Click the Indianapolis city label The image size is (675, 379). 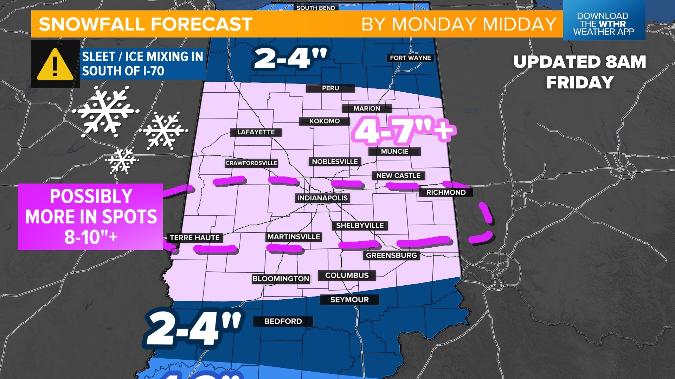322,198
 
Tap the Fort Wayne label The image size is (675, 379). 410,58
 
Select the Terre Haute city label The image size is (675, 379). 194,238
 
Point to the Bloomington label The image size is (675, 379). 281,279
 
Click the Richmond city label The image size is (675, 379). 446,192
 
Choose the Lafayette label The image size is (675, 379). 256,132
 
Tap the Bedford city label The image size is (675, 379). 283,321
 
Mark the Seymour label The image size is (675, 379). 349,300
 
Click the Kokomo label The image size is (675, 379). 324,121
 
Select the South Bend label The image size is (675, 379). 316,7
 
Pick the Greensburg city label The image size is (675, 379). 391,255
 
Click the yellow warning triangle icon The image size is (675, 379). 55,65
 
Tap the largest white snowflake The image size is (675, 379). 105,112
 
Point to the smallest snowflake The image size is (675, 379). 122,160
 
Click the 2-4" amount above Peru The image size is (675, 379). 290,58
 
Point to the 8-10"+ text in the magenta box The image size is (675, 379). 91,237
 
